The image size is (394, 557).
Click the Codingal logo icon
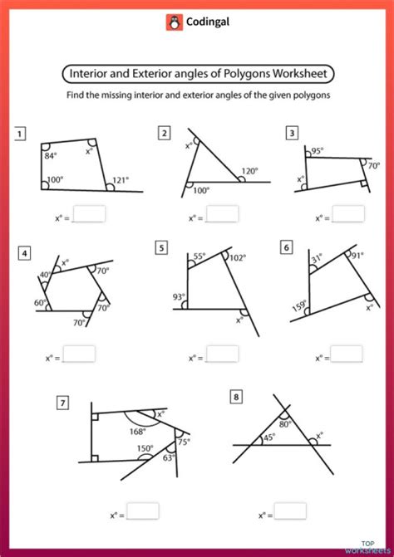click(174, 22)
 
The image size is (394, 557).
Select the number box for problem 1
click(20, 132)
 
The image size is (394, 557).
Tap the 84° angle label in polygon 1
click(52, 154)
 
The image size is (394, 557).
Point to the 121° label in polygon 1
click(122, 179)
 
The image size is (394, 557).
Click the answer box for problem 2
click(222, 214)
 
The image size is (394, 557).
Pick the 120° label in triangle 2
click(250, 171)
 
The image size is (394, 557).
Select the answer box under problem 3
click(347, 214)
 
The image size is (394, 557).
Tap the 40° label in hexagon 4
click(45, 275)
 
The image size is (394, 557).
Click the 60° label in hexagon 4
click(40, 303)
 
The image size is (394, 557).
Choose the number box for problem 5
click(161, 247)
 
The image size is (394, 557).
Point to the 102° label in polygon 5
click(238, 258)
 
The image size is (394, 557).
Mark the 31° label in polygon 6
click(316, 259)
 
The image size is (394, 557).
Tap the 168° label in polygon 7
click(137, 431)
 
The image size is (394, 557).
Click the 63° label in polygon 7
click(170, 456)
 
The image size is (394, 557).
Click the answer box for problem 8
click(290, 510)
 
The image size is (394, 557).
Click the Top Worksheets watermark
click(372, 545)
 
